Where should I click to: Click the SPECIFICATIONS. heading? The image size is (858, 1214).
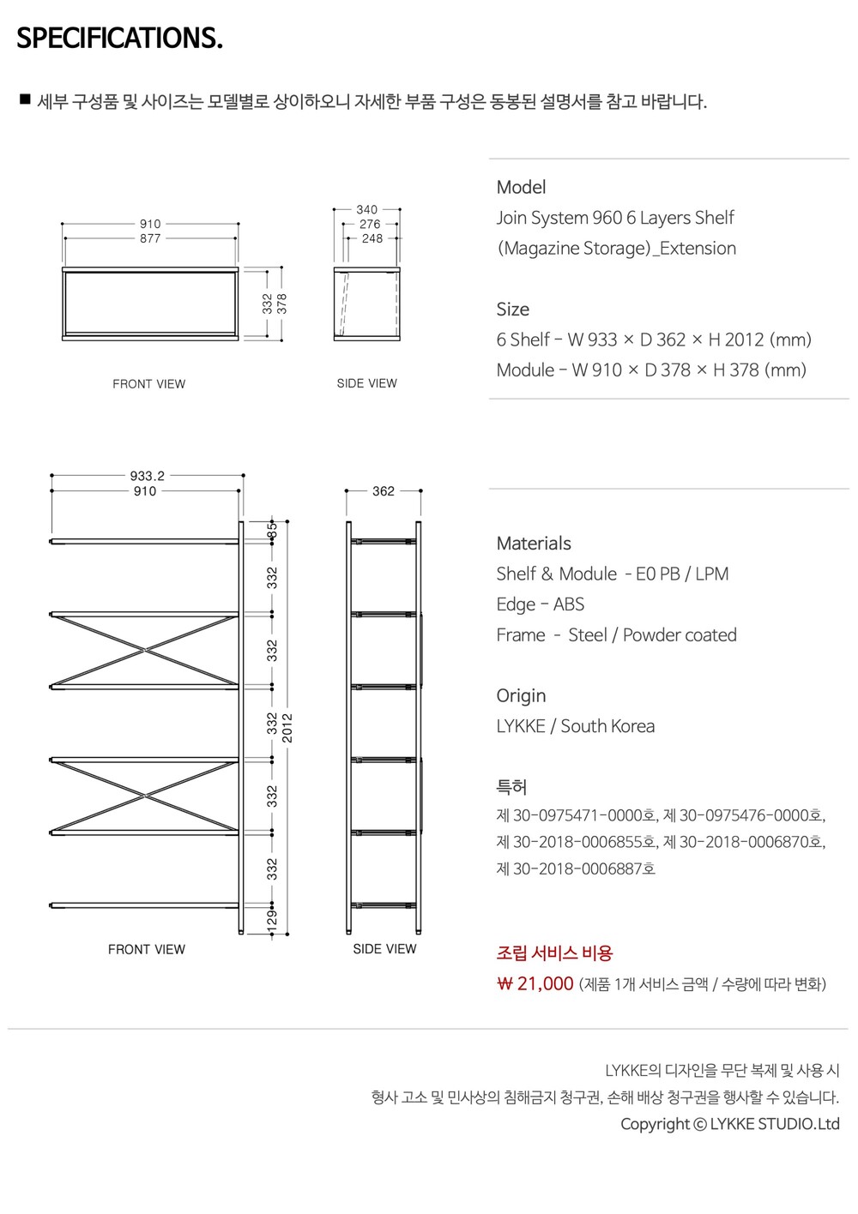(x=120, y=38)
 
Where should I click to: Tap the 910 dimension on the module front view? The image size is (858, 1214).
(x=150, y=224)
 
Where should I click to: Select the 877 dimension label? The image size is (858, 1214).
(x=150, y=238)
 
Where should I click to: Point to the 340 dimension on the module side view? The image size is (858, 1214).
(x=367, y=209)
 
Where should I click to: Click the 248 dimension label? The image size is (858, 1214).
(x=372, y=238)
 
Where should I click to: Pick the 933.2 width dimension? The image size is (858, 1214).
(x=148, y=476)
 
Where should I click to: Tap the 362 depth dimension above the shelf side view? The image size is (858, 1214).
(x=384, y=491)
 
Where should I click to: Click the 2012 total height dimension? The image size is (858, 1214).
(x=287, y=727)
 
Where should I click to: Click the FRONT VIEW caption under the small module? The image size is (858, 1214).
(x=149, y=384)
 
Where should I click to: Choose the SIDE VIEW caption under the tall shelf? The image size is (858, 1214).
(x=384, y=949)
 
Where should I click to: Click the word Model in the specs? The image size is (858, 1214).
(x=521, y=187)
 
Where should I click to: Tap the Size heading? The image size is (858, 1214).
(x=513, y=310)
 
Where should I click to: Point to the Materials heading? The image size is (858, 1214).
(x=534, y=544)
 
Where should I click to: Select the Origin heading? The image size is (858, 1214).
(x=521, y=695)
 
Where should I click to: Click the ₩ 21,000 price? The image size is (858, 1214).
(x=535, y=983)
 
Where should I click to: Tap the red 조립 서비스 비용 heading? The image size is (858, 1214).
(x=554, y=953)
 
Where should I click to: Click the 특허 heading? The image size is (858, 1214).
(x=511, y=787)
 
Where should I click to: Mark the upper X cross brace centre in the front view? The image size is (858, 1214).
(x=146, y=650)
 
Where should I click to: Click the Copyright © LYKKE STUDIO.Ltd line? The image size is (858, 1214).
(x=730, y=1124)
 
